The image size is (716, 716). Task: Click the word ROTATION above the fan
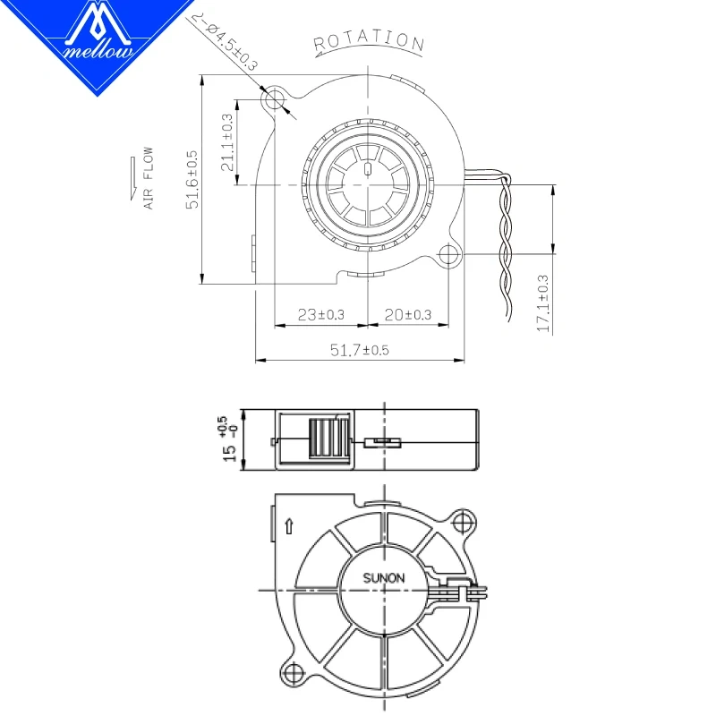coord(368,40)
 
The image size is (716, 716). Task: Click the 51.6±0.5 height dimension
coord(192,181)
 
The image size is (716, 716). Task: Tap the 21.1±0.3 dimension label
coord(227,142)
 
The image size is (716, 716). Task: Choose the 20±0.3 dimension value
coord(408,314)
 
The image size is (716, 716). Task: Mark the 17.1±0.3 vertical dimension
coord(542,303)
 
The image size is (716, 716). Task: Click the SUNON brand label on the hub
coord(383,578)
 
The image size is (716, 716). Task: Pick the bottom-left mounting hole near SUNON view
coord(293,670)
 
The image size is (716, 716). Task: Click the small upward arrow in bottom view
coord(288,526)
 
